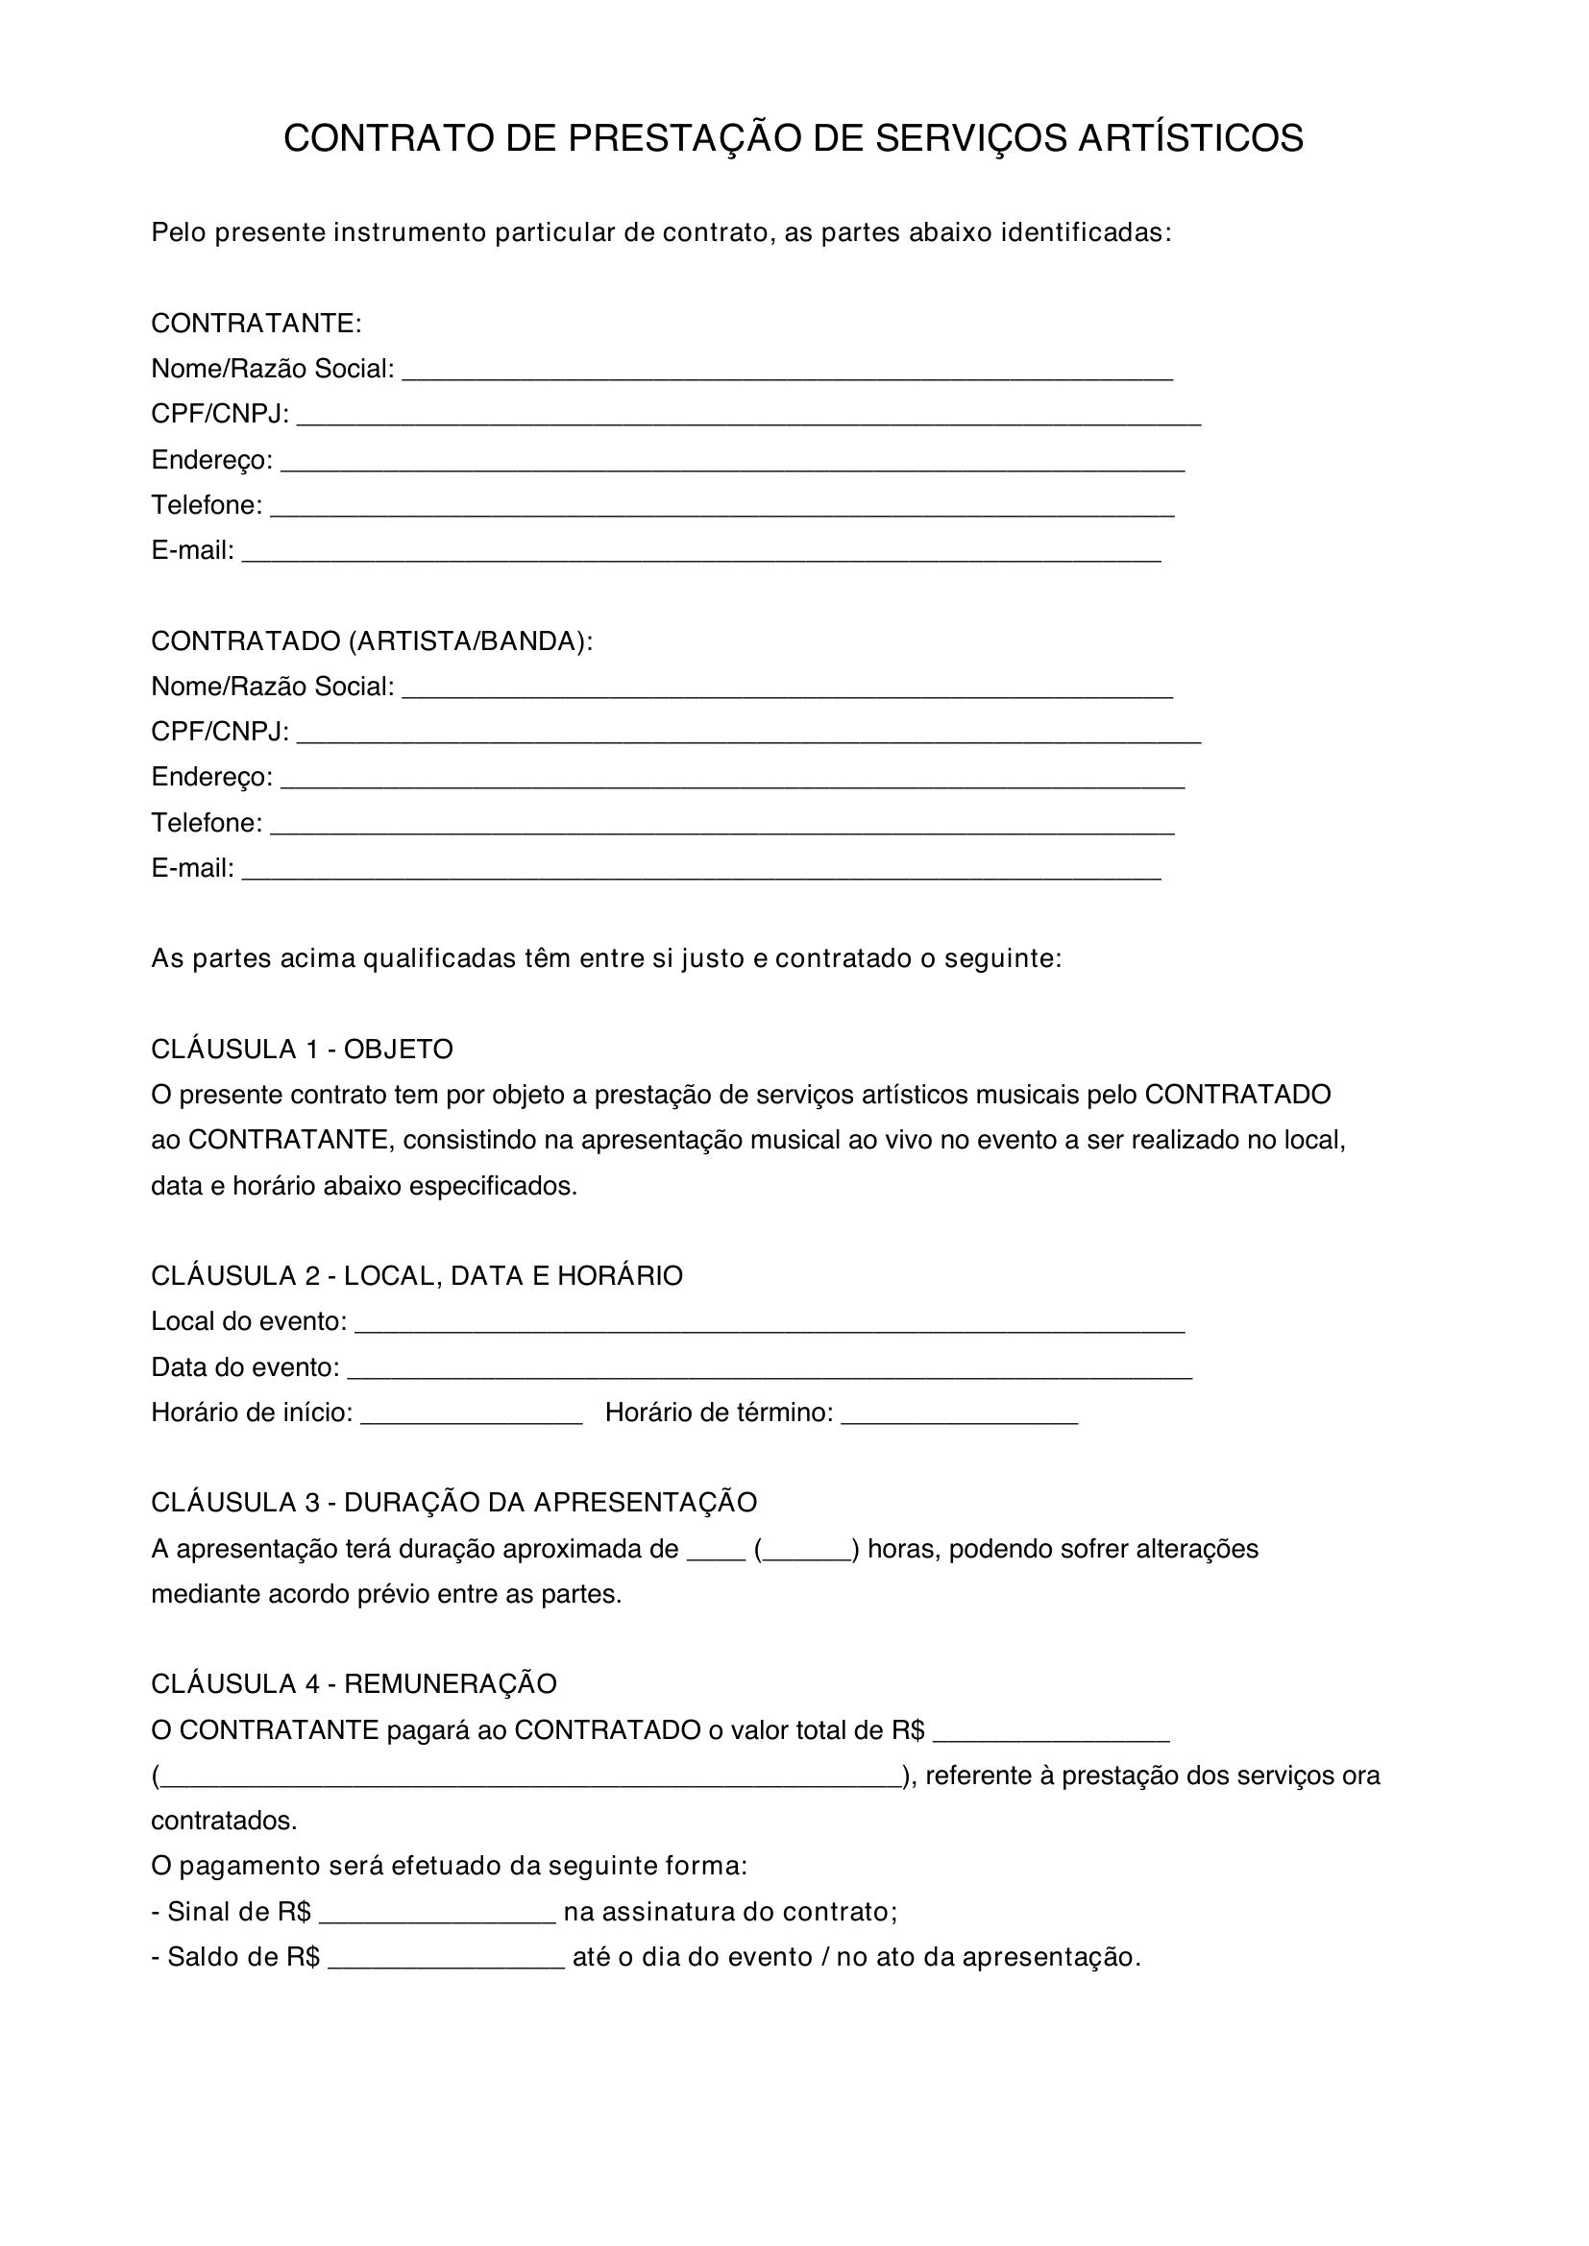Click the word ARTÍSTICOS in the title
(1189, 139)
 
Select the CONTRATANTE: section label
(257, 324)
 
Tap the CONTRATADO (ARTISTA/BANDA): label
(372, 641)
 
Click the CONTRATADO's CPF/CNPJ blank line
(748, 736)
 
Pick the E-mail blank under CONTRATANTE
(700, 555)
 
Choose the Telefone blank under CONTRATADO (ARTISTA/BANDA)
(721, 827)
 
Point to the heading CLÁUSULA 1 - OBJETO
(302, 1050)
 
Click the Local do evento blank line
(770, 1325)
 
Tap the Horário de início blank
(472, 1416)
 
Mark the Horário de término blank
(959, 1416)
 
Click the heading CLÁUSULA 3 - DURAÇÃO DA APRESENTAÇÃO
(454, 1503)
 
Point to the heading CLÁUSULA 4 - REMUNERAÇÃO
(354, 1684)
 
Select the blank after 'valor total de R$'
(1051, 1733)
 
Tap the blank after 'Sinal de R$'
(437, 1916)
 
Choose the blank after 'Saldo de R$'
(446, 1961)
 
